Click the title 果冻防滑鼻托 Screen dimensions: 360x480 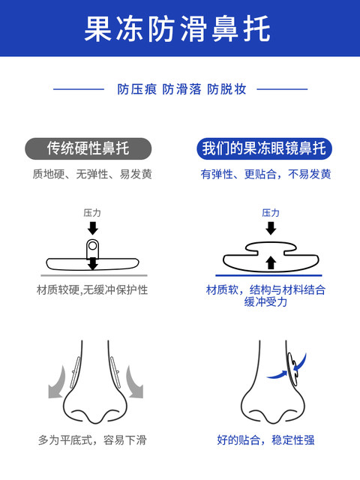(177, 28)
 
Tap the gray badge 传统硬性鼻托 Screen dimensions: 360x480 (88, 148)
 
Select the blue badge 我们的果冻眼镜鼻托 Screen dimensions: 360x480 (264, 148)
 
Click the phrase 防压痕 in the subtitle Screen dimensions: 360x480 (136, 89)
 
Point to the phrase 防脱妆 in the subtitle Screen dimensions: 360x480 (226, 89)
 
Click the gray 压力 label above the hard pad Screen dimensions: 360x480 (92, 213)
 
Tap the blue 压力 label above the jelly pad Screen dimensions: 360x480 (271, 213)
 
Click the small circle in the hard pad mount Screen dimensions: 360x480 (92, 245)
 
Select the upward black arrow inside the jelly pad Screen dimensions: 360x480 (271, 262)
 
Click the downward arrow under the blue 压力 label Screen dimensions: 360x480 (271, 228)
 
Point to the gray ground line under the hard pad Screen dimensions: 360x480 (94, 275)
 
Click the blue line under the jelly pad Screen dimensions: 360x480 (268, 275)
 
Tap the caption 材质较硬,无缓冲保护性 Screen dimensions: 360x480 (92, 289)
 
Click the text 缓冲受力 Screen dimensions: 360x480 (265, 302)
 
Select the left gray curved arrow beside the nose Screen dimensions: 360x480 (58, 382)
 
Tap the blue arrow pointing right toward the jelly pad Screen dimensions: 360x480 (277, 375)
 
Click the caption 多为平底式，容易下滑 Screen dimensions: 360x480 (92, 440)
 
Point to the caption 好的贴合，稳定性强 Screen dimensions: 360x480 (265, 440)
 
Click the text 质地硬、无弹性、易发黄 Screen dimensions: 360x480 (92, 174)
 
